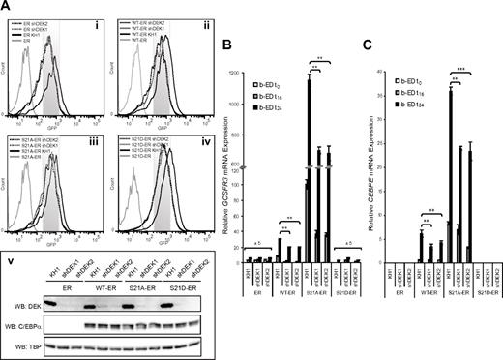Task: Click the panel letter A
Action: [x=7, y=7]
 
